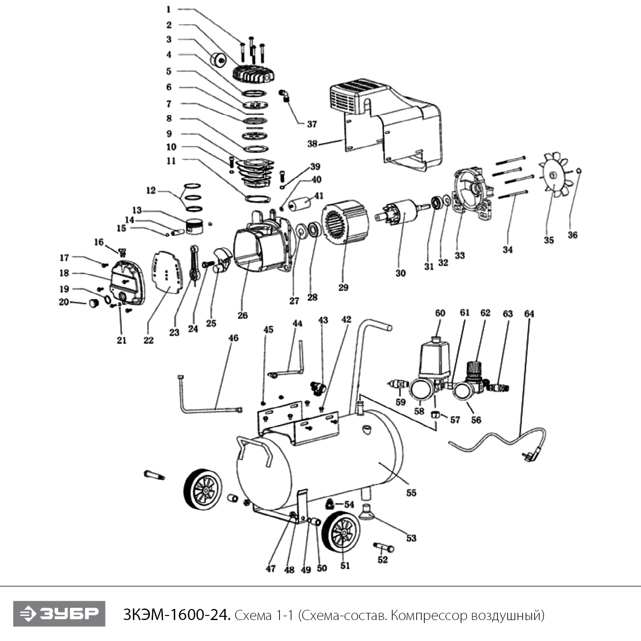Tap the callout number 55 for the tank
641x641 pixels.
[x=411, y=493]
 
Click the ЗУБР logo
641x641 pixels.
[x=59, y=614]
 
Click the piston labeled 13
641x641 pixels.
[x=197, y=226]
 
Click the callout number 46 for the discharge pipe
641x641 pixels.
[x=233, y=338]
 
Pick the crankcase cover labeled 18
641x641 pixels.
[x=126, y=282]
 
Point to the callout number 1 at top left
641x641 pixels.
[x=168, y=9]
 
